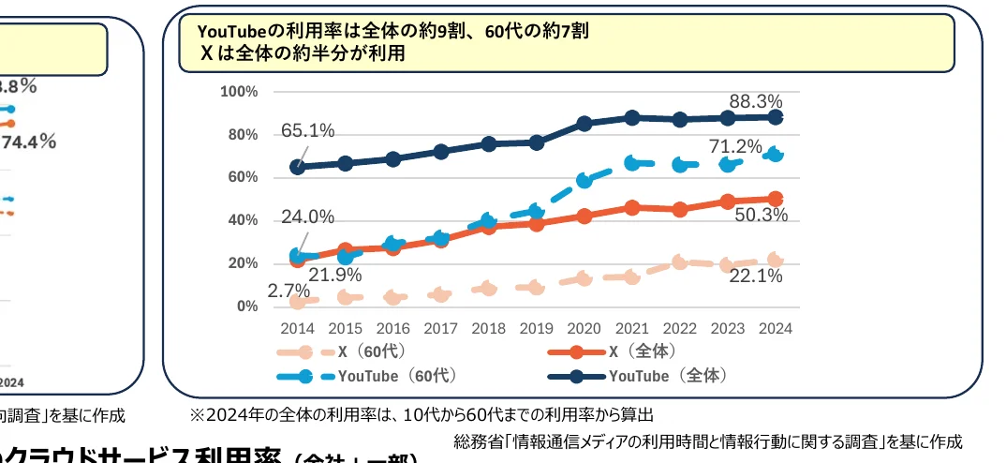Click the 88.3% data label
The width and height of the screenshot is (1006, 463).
756,101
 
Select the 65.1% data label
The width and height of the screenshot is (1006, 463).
307,131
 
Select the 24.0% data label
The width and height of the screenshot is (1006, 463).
307,217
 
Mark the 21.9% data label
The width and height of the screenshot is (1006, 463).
335,275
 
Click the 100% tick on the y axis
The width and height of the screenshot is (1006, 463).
239,92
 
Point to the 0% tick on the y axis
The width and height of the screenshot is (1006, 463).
247,306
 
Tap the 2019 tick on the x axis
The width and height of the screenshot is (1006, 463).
536,328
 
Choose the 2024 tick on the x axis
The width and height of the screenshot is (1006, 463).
775,328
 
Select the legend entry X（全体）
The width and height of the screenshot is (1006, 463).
639,352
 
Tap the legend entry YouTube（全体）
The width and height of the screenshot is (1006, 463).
667,376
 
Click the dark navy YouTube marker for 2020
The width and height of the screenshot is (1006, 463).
584,124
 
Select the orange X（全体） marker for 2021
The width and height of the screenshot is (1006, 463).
632,207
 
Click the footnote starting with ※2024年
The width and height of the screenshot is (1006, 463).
422,414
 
